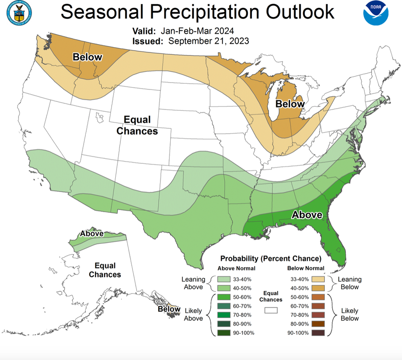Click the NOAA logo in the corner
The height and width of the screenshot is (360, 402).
tap(376, 14)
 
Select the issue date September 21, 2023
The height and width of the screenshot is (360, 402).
tap(208, 41)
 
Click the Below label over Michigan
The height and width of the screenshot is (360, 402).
tap(290, 104)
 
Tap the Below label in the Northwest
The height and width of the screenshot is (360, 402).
tap(87, 57)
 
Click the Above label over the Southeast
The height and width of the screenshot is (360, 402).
tap(307, 215)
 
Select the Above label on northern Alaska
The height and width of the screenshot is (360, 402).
tap(91, 234)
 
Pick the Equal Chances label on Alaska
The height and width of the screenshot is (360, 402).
tap(105, 270)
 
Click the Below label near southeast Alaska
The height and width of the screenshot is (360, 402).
tap(169, 309)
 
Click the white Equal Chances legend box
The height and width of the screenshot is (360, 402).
tap(271, 310)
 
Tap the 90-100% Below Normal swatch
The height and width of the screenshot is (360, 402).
tap(318, 332)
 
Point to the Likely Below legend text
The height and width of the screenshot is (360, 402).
tap(350, 314)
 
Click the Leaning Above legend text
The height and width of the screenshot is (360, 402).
tap(193, 283)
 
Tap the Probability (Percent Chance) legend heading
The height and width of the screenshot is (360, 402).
tap(270, 259)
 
